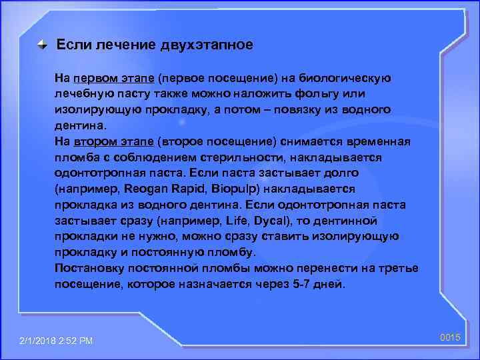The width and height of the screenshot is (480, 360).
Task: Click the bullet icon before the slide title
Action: (42, 46)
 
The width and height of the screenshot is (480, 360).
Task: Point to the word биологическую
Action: (349, 78)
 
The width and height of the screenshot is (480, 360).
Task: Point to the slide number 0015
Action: (451, 339)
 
